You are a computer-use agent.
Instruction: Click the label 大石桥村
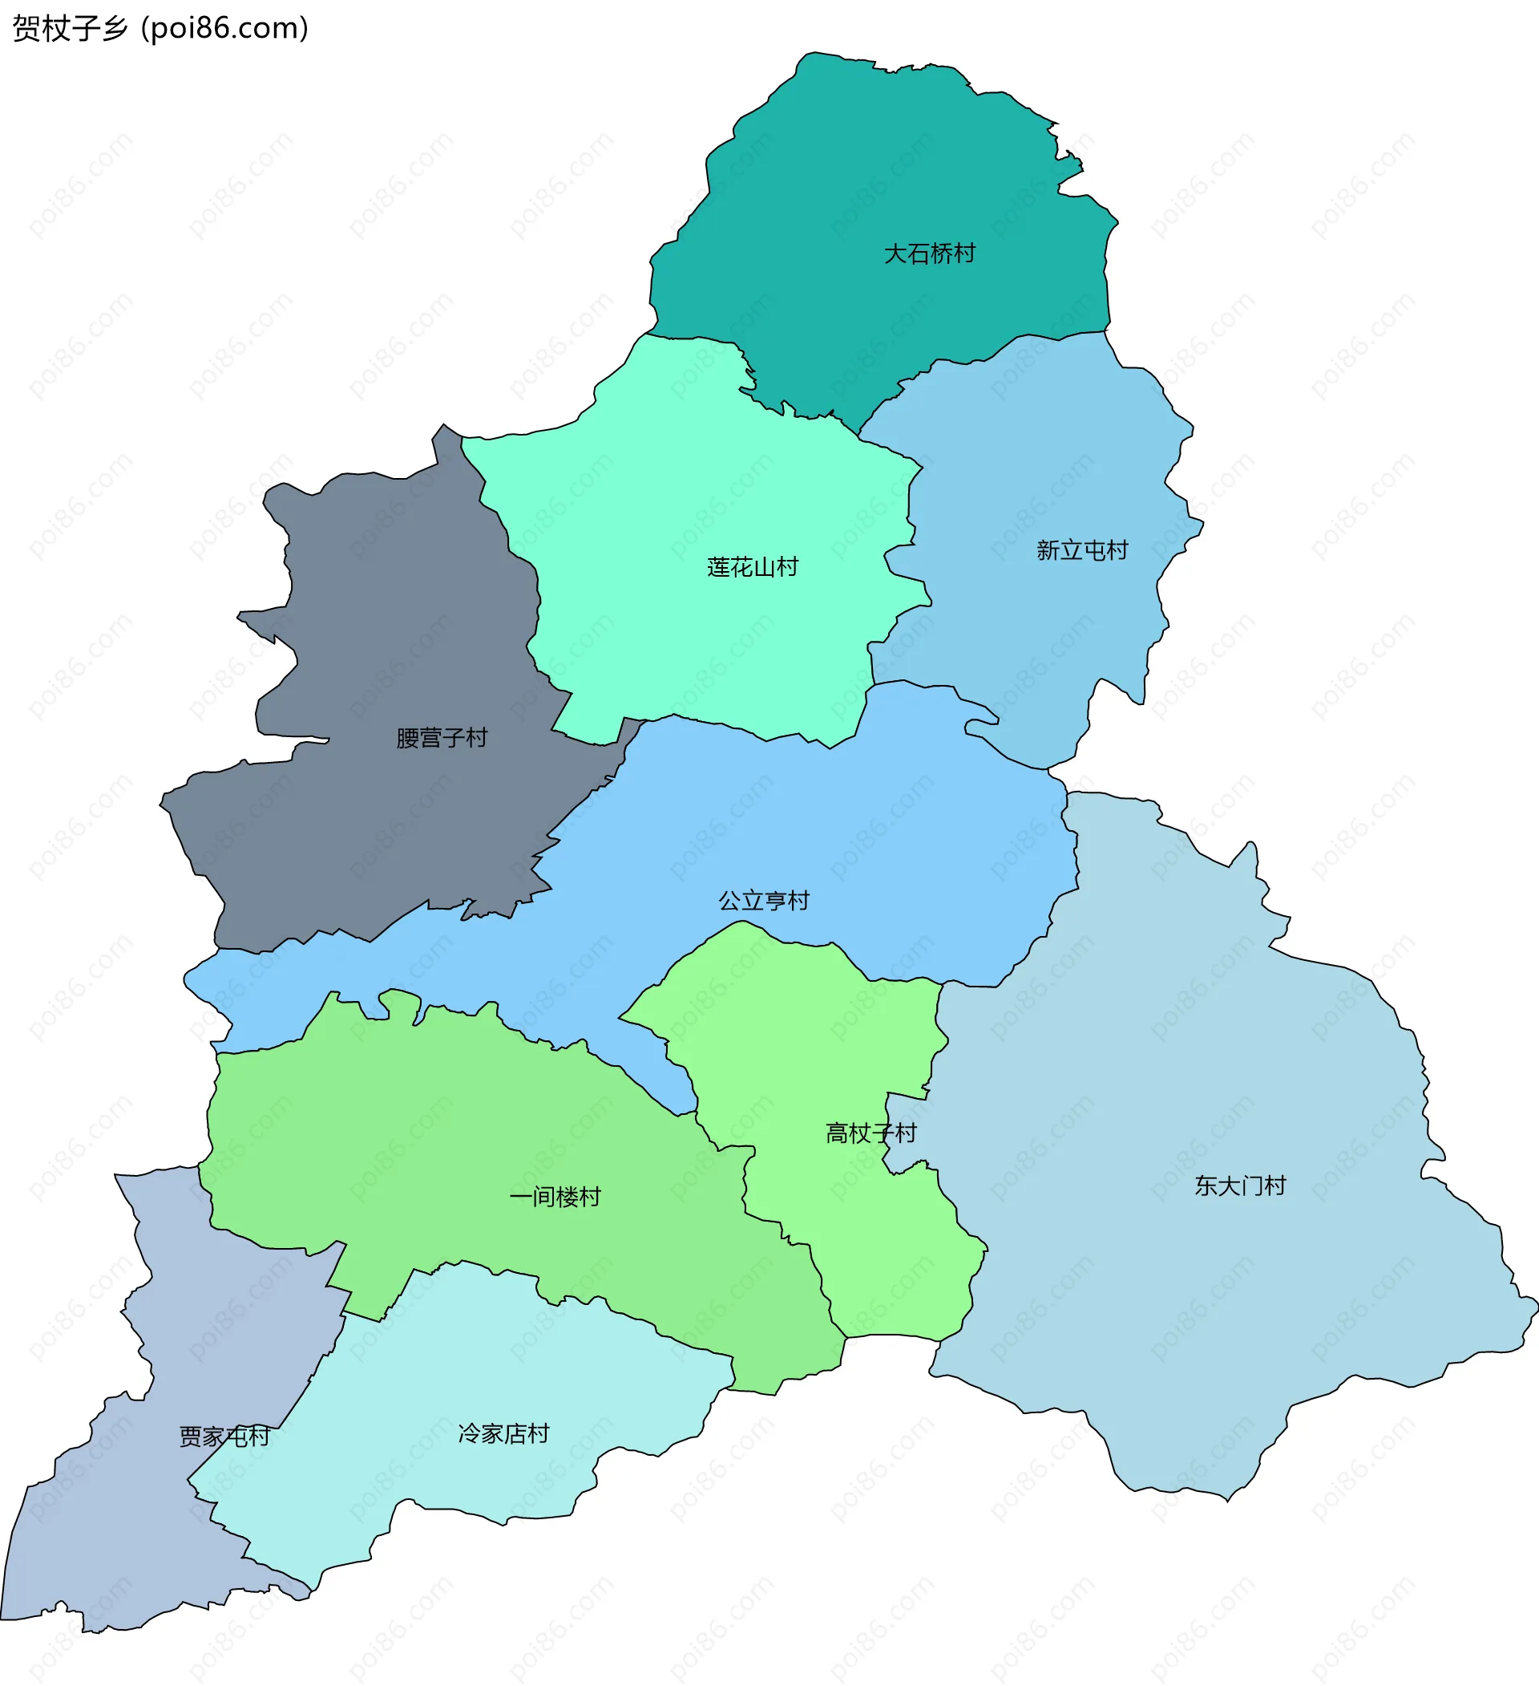tap(929, 253)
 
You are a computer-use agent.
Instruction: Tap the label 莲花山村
tap(753, 567)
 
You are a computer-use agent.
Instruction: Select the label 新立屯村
tap(1082, 550)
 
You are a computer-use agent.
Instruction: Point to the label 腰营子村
tap(442, 738)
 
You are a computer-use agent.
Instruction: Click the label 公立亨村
tap(764, 901)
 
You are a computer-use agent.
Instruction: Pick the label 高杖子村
tap(871, 1133)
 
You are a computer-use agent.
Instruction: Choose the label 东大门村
tap(1240, 1185)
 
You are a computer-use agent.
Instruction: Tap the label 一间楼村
tap(555, 1197)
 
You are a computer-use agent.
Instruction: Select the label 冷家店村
tap(503, 1433)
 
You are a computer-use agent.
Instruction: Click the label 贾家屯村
tap(224, 1437)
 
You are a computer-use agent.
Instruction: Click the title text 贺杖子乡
tap(71, 28)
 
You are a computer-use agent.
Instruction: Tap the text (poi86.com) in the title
tap(225, 28)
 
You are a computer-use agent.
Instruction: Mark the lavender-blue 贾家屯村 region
tap(117, 1547)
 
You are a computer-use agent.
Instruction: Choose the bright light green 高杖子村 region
tap(802, 1045)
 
